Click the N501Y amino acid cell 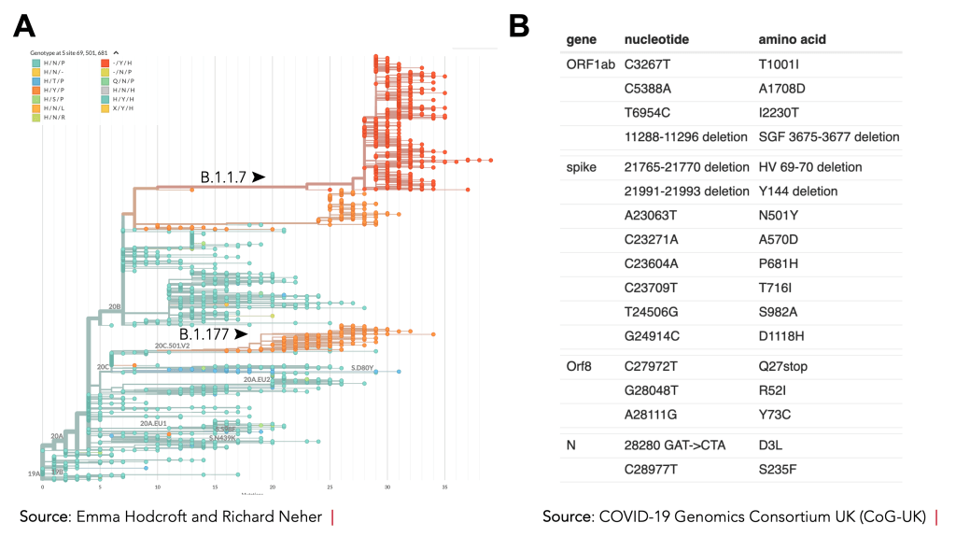tap(782, 216)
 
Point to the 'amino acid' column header tap(792, 40)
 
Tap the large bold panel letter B tap(519, 27)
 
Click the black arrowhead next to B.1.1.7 tap(259, 176)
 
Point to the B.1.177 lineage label tap(204, 333)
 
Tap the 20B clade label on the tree tap(115, 305)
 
